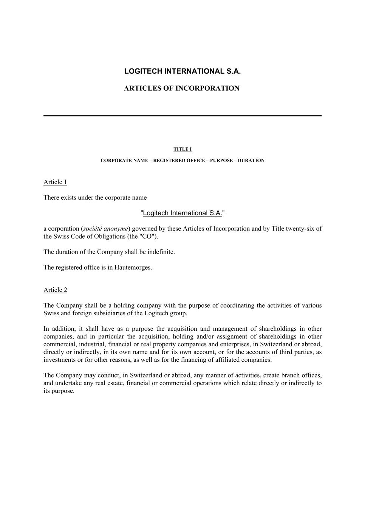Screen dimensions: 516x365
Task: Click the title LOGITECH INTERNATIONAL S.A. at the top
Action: (182, 71)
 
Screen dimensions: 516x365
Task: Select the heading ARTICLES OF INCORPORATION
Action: (181, 88)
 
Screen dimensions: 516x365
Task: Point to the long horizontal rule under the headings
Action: (182, 116)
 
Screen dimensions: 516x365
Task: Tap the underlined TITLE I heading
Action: (182, 149)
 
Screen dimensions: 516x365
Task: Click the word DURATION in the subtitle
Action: (251, 161)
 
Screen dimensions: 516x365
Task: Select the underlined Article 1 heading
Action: (55, 182)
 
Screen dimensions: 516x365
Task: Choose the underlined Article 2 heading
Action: (55, 290)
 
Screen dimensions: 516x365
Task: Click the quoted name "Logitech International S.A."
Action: (182, 213)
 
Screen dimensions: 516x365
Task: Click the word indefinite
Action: (161, 252)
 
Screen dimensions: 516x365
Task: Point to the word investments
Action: (60, 360)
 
